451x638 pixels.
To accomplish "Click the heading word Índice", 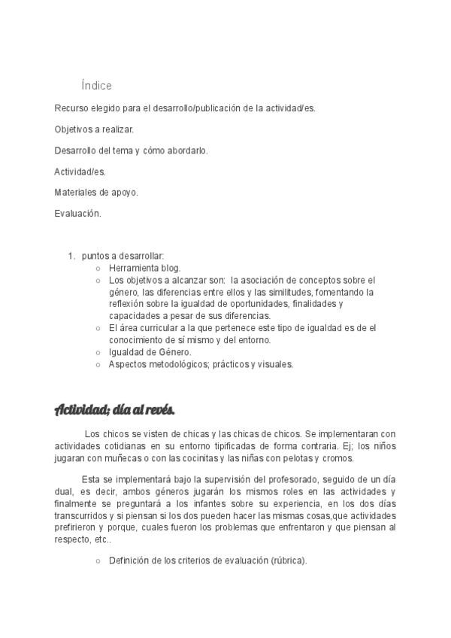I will click(96, 86).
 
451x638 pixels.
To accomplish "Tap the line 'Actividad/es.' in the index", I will click(80, 172).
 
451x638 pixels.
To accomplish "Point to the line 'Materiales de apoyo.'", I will click(96, 193).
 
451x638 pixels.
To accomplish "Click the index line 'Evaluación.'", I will click(77, 214).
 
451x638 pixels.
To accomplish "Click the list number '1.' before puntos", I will click(71, 256).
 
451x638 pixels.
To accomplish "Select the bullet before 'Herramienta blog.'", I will click(98, 268).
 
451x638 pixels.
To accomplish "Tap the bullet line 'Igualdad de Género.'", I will click(150, 352).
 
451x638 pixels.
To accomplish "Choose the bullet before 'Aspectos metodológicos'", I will click(98, 364).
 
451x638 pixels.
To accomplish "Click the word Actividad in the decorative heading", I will click(81, 410).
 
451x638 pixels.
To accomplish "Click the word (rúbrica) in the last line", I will click(285, 561).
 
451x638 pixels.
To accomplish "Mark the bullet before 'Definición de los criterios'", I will click(98, 561).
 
